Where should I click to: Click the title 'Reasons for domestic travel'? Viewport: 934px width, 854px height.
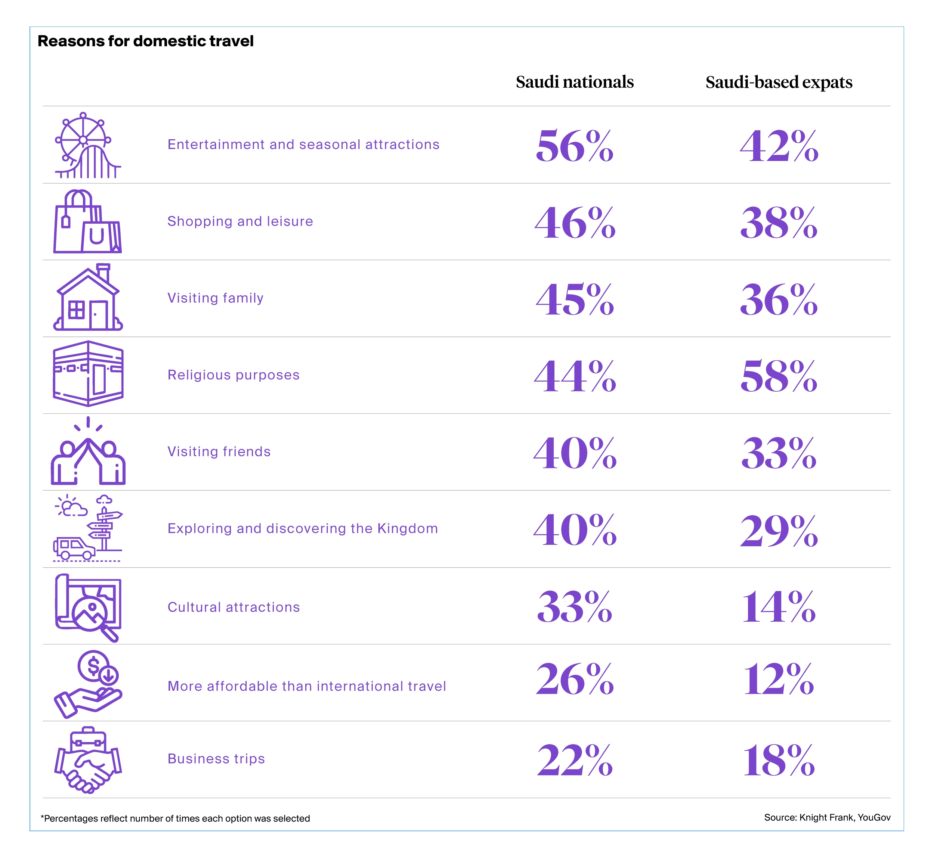pyautogui.click(x=145, y=41)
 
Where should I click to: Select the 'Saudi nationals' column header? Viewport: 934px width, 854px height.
pyautogui.click(x=575, y=82)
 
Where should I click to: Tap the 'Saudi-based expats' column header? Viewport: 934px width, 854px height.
pyautogui.click(x=778, y=83)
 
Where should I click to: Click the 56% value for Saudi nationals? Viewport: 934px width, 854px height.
pyautogui.click(x=575, y=146)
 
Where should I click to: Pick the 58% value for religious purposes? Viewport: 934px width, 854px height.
pyautogui.click(x=778, y=376)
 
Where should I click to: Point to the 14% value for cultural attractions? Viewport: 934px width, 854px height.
pyautogui.click(x=778, y=607)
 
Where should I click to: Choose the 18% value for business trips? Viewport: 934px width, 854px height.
pyautogui.click(x=778, y=760)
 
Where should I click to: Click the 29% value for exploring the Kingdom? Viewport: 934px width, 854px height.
pyautogui.click(x=778, y=530)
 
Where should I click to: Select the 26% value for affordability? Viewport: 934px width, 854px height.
pyautogui.click(x=575, y=679)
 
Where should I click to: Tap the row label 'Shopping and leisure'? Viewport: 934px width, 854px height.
pyautogui.click(x=240, y=221)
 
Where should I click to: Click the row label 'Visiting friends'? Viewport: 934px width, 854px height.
pyautogui.click(x=219, y=451)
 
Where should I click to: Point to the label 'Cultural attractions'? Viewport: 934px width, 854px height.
pyautogui.click(x=233, y=607)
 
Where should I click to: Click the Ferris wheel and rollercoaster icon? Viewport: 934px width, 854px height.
pyautogui.click(x=87, y=145)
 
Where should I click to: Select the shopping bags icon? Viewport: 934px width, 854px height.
pyautogui.click(x=87, y=222)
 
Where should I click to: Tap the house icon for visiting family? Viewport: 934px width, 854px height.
pyautogui.click(x=87, y=298)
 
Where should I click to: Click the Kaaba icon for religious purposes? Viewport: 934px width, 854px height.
pyautogui.click(x=87, y=374)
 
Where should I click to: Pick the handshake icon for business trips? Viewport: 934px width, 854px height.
pyautogui.click(x=87, y=760)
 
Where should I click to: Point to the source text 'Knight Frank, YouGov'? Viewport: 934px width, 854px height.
pyautogui.click(x=845, y=817)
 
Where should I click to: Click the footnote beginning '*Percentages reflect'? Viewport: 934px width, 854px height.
pyautogui.click(x=175, y=819)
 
